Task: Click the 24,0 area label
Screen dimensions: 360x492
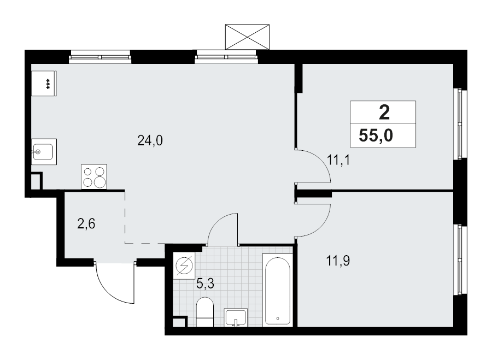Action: click(x=150, y=141)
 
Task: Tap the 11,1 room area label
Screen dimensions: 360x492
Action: click(x=338, y=160)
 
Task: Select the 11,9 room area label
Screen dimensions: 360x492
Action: click(x=338, y=261)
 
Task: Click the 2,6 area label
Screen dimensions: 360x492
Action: click(x=86, y=224)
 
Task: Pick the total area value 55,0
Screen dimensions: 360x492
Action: click(x=376, y=135)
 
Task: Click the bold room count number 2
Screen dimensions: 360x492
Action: click(x=384, y=113)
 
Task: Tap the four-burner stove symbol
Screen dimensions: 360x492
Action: click(x=93, y=177)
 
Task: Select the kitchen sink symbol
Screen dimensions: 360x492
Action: click(x=43, y=151)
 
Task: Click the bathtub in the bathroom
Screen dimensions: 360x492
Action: click(x=277, y=289)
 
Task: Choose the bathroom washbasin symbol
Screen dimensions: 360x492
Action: click(x=236, y=317)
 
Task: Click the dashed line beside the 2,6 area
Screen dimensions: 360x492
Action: click(x=125, y=219)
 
